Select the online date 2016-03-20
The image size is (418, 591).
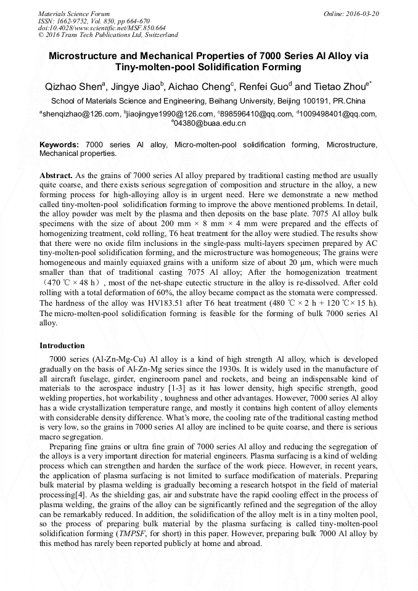(363, 14)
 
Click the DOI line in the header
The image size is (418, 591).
(102, 28)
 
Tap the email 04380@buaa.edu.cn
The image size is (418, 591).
(210, 123)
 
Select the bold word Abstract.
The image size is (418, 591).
(56, 176)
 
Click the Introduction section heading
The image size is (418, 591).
(62, 346)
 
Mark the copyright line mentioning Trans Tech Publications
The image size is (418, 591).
(109, 35)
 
